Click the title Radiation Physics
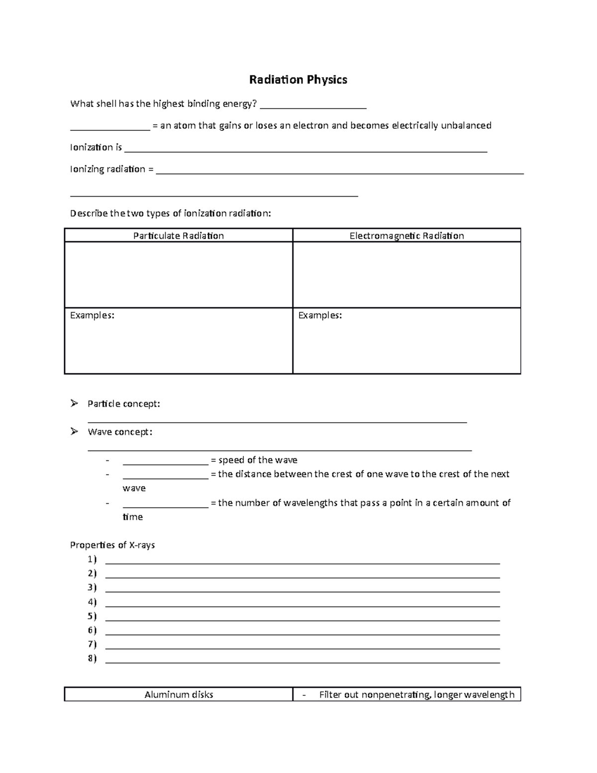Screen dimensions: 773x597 click(x=298, y=80)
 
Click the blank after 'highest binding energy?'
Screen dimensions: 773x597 click(x=313, y=105)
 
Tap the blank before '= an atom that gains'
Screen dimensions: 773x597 click(x=109, y=127)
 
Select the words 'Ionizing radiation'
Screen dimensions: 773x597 click(x=107, y=169)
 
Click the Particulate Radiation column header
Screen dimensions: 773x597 click(x=178, y=236)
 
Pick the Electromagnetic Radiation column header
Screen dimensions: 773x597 click(x=406, y=236)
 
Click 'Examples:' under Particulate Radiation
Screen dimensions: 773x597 click(x=92, y=315)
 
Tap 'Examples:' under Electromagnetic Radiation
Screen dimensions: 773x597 click(x=320, y=315)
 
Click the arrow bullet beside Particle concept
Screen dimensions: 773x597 click(x=75, y=403)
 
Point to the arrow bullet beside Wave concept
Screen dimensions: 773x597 click(x=75, y=432)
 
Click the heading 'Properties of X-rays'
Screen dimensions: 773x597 click(x=112, y=545)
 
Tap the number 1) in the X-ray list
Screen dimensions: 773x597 click(x=92, y=559)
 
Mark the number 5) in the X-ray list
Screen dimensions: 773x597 click(x=92, y=616)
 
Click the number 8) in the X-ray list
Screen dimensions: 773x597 click(x=92, y=659)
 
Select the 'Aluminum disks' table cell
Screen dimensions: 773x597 click(x=179, y=695)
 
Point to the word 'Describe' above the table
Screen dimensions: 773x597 click(x=89, y=214)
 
